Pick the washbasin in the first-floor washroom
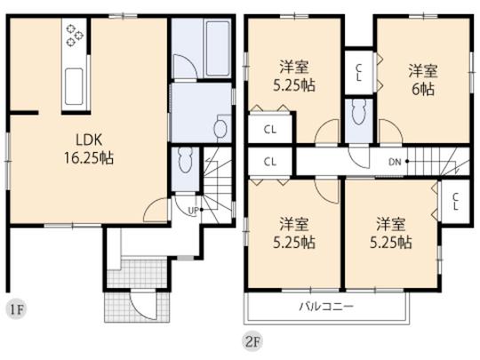click(x=220, y=128)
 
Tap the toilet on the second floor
click(x=357, y=113)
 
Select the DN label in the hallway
click(x=395, y=162)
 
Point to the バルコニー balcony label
click(x=325, y=307)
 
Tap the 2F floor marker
click(x=252, y=339)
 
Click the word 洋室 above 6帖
click(x=422, y=69)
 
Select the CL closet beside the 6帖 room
click(x=358, y=71)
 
